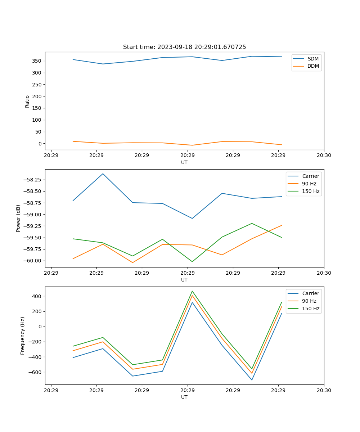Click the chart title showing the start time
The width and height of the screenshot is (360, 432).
[x=184, y=47]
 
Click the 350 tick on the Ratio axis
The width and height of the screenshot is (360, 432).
[x=37, y=61]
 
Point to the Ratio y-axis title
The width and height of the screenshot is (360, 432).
[x=27, y=101]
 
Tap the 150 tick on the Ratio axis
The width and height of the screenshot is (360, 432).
[x=37, y=108]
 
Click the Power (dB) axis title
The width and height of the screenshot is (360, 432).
[x=18, y=218]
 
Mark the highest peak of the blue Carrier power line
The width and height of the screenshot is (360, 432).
[x=103, y=174]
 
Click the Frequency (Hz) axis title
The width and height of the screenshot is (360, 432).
[x=23, y=336]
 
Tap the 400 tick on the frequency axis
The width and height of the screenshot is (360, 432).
[x=38, y=296]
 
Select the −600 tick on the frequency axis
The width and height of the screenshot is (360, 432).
[x=36, y=372]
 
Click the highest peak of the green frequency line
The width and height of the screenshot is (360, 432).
[x=192, y=291]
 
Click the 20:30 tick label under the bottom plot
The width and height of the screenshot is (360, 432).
[x=324, y=390]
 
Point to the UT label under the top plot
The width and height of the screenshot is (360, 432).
[x=184, y=162]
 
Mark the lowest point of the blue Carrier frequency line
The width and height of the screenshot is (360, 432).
[x=252, y=380]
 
